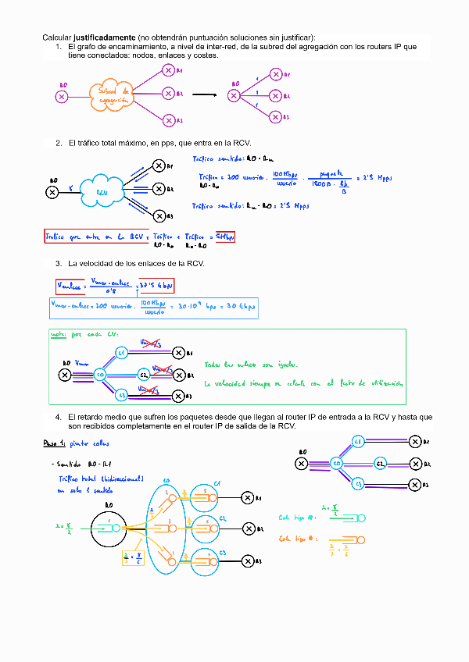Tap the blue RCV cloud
coord(102,192)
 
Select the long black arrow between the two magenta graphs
coord(204,95)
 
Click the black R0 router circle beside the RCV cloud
coord(52,192)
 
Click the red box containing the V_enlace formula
coord(94,287)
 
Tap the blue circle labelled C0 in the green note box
coord(100,375)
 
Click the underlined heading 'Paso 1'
coord(55,443)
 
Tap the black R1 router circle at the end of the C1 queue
coord(248,497)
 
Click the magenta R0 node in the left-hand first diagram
coord(62,96)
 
